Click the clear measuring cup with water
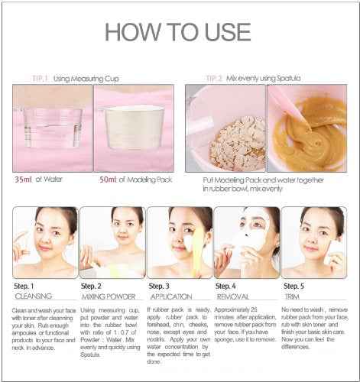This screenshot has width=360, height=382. (52, 126)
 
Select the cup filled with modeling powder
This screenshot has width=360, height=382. (133, 126)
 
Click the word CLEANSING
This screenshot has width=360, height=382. (32, 295)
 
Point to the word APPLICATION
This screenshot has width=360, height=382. (171, 295)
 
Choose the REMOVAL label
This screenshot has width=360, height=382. (233, 295)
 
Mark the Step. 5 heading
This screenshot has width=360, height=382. (295, 285)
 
